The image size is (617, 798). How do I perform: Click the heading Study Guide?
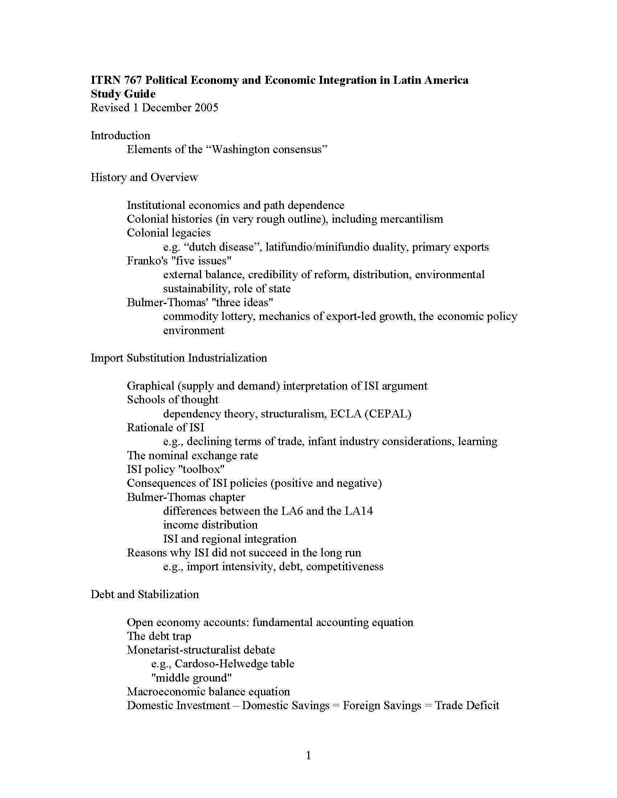coord(123,94)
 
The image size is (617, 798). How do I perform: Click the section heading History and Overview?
coord(144,177)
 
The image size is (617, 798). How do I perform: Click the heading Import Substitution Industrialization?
coord(179,358)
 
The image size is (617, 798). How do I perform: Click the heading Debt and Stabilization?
coord(145,595)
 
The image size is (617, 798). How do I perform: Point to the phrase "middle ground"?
coord(192,678)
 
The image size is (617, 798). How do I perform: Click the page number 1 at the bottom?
coord(308,756)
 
